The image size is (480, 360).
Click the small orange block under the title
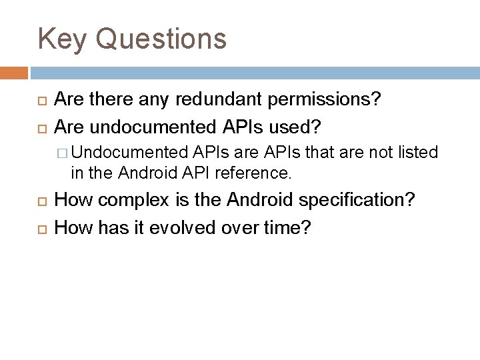tap(14, 72)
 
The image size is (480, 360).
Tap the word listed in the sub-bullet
tap(417, 153)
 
